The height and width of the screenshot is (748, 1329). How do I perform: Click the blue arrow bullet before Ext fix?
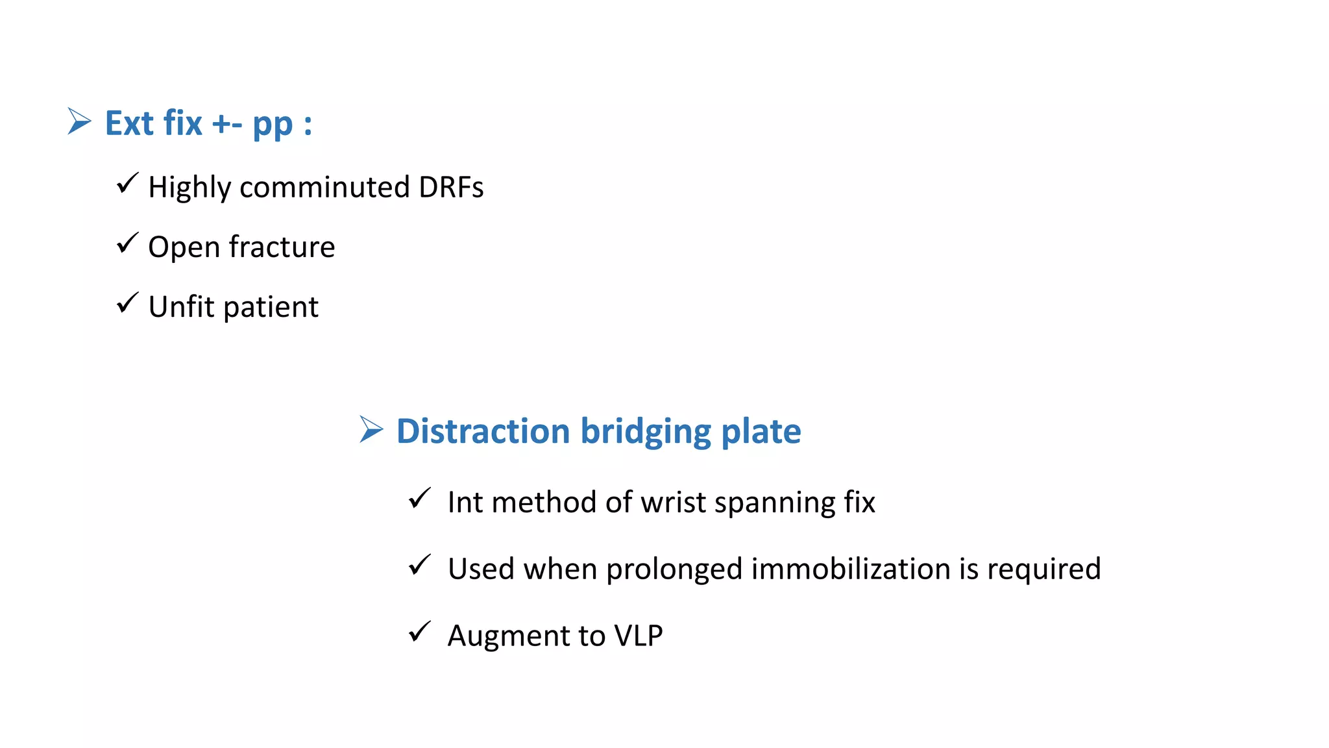pos(79,121)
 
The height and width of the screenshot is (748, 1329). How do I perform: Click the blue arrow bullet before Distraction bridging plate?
pos(371,430)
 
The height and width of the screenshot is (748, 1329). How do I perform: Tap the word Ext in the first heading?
pos(130,123)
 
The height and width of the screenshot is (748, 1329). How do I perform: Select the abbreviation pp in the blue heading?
pos(273,125)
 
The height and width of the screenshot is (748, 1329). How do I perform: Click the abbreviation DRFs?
pos(451,187)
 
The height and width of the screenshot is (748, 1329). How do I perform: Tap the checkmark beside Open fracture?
pos(127,243)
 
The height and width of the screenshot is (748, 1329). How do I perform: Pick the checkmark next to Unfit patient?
pos(127,303)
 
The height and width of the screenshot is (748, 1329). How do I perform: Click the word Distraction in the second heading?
pos(483,431)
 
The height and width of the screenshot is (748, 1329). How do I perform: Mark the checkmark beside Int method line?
pos(419,499)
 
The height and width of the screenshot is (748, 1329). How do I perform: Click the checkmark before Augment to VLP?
pos(419,632)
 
